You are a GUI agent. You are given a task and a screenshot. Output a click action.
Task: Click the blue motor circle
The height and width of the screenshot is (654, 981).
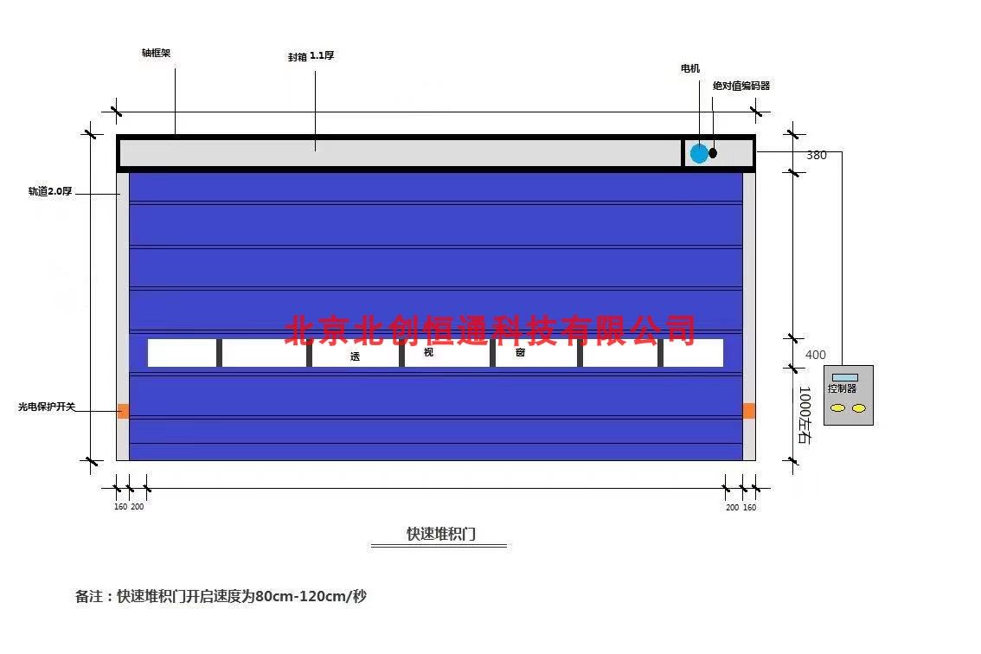tap(699, 153)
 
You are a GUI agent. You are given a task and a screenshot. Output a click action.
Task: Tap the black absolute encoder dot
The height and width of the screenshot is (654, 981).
tap(713, 153)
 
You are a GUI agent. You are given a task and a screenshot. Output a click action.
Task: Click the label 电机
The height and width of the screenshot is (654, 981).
tap(690, 68)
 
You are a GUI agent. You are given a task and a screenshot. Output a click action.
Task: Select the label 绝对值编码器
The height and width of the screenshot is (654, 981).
tap(741, 86)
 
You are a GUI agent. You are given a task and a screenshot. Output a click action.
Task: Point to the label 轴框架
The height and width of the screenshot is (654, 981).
tap(157, 53)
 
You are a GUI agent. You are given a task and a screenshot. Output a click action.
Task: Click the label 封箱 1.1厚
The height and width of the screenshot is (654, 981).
tap(311, 56)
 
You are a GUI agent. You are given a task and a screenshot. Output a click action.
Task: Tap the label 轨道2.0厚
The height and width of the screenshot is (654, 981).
tap(50, 191)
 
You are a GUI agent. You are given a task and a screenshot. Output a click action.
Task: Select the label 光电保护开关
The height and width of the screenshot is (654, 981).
tap(47, 407)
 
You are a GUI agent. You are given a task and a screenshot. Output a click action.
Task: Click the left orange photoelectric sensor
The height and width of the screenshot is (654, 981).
tap(123, 411)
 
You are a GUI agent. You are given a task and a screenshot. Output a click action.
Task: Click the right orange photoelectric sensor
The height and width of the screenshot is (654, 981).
tap(749, 411)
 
